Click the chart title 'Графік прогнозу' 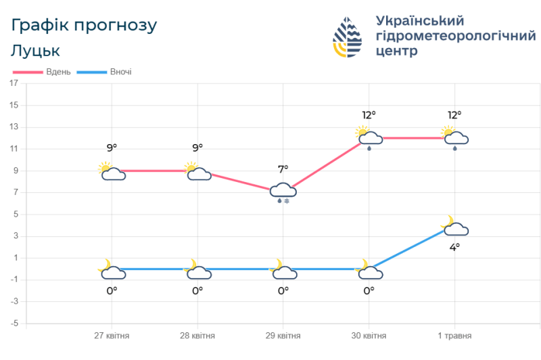85,26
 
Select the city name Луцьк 36,51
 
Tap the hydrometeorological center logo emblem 348,37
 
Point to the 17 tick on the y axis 14,83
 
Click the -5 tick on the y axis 14,323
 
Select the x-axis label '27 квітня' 112,336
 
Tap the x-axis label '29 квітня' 283,336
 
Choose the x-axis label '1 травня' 454,336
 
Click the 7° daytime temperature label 283,168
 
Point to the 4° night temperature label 454,247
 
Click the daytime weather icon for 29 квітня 283,192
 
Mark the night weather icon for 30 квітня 369,270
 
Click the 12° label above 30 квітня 369,114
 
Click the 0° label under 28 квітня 197,290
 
